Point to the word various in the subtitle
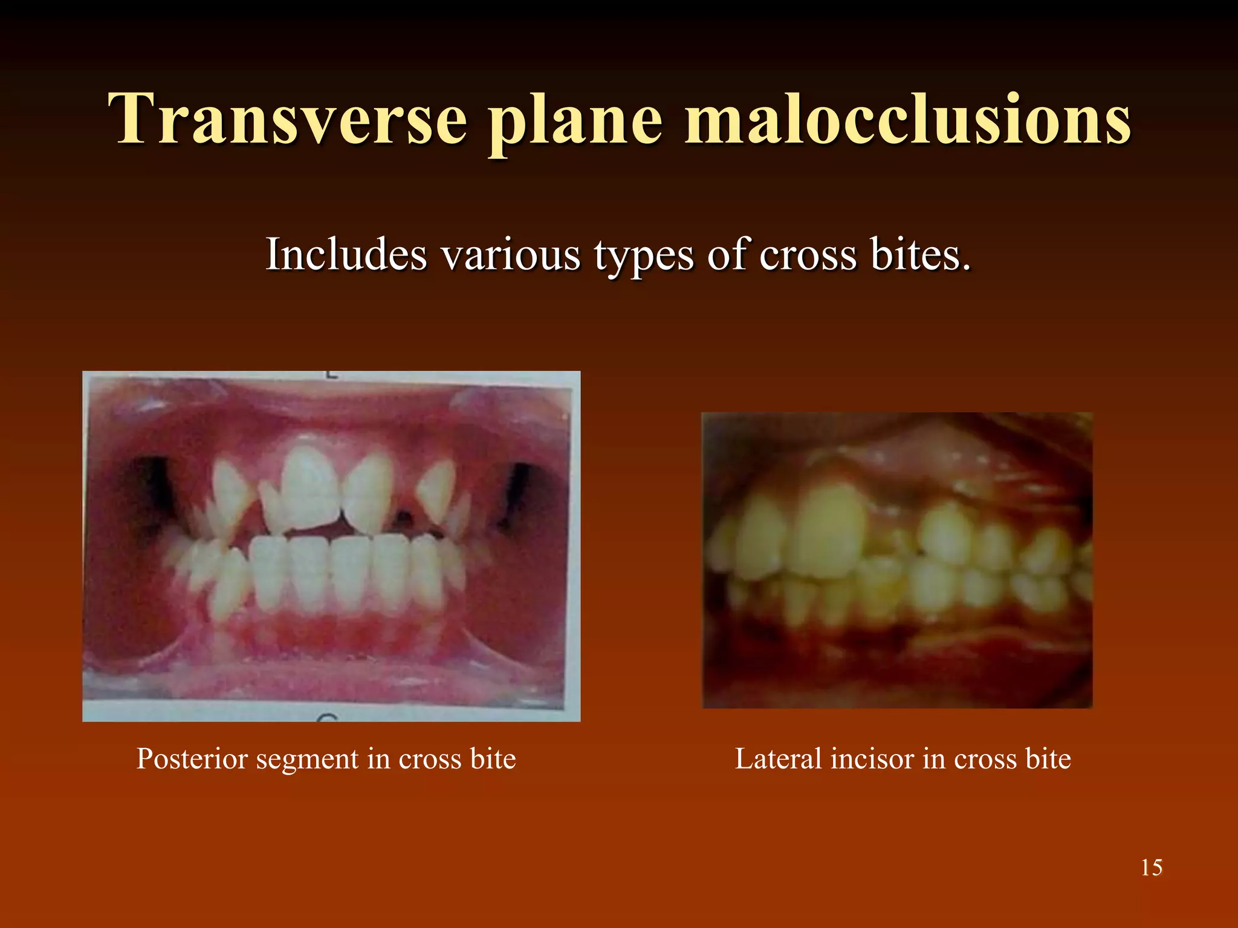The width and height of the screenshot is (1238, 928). click(511, 255)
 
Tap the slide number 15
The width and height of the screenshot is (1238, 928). click(1151, 868)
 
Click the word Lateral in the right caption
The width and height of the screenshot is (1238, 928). click(778, 759)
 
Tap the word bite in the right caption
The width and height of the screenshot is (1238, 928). click(1048, 759)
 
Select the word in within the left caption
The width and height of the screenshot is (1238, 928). click(379, 759)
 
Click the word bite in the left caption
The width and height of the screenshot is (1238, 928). click(493, 759)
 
